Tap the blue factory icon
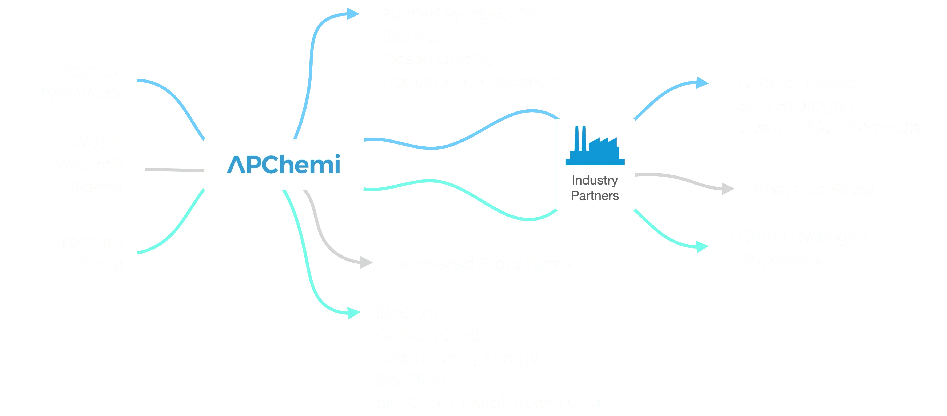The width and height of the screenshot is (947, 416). click(595, 146)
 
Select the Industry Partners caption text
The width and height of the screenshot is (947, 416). click(595, 188)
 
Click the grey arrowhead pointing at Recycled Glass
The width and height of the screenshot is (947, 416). click(727, 189)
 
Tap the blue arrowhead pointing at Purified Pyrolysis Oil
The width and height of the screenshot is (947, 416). click(352, 15)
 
